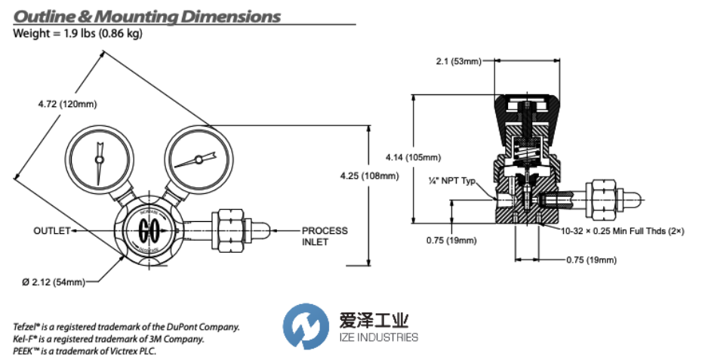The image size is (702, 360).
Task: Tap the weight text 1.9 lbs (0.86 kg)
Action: tap(99, 33)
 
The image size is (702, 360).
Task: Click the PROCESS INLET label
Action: tap(325, 235)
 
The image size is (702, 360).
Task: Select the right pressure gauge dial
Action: tap(197, 159)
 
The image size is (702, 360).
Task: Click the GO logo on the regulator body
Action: tap(149, 229)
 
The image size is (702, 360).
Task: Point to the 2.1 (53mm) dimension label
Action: tap(457, 61)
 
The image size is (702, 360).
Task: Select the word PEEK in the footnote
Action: tap(26, 351)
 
